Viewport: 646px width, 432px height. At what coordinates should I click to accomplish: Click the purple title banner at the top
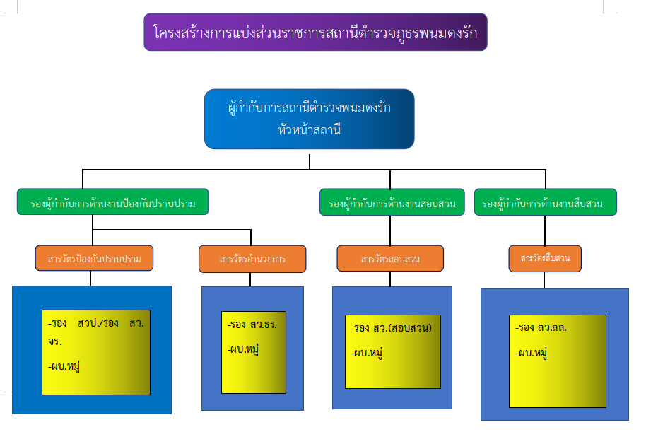point(315,33)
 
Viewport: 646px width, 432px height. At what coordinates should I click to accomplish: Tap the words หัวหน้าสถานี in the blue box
point(309,129)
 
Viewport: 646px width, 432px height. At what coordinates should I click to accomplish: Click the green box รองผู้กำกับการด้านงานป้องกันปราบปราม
point(112,204)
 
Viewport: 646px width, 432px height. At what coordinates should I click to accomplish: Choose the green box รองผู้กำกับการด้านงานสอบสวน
point(392,204)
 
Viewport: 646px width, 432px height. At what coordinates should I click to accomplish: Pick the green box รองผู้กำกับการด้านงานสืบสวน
point(545,204)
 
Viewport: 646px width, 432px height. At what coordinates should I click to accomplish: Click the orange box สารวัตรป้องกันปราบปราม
point(94,259)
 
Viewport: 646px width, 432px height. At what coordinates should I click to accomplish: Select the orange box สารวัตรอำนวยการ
point(252,259)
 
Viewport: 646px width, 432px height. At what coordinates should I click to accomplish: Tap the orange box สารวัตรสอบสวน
point(389,259)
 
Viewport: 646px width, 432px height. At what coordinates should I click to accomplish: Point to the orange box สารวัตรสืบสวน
point(545,258)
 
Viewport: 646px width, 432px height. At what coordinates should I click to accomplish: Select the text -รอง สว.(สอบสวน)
point(391,328)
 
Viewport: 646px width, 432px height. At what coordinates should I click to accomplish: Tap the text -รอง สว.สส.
point(542,328)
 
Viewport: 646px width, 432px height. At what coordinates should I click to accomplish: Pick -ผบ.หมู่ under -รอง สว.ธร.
point(242,349)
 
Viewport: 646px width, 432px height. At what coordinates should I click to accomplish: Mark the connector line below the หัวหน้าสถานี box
point(310,161)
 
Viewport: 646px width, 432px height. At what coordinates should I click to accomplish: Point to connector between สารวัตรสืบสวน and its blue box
point(544,280)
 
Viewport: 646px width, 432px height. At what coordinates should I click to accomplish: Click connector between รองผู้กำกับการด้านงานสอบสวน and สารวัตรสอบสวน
point(390,230)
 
